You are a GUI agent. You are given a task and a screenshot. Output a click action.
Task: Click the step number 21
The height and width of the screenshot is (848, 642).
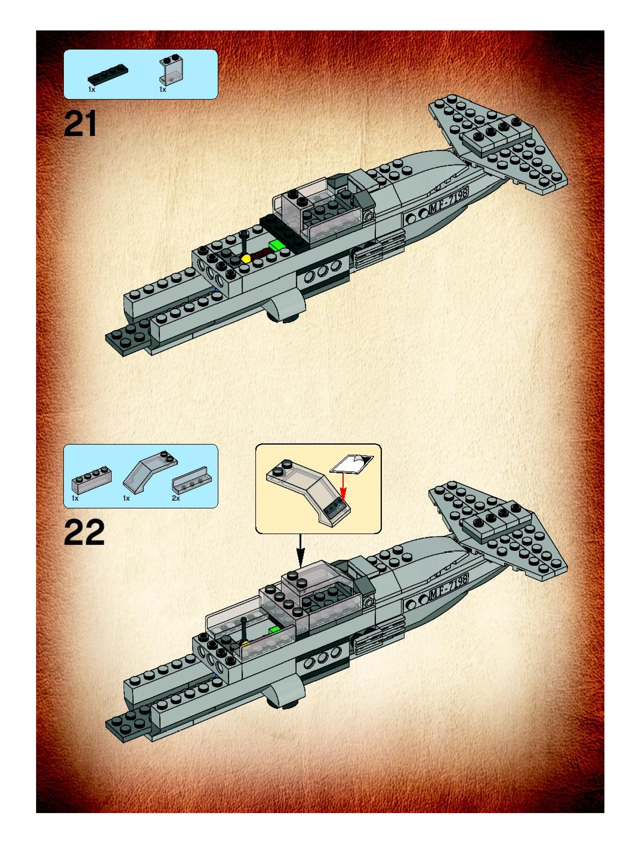pos(81,124)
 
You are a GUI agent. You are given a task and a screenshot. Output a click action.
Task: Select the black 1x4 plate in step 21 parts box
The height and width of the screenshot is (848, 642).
pos(108,74)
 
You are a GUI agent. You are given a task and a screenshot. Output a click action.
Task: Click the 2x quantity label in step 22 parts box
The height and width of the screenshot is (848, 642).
pos(176,498)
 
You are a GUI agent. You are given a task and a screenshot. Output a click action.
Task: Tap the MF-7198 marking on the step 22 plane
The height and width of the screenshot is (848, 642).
pos(449,588)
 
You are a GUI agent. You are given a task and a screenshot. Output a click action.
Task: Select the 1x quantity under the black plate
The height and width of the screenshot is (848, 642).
pos(92,89)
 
